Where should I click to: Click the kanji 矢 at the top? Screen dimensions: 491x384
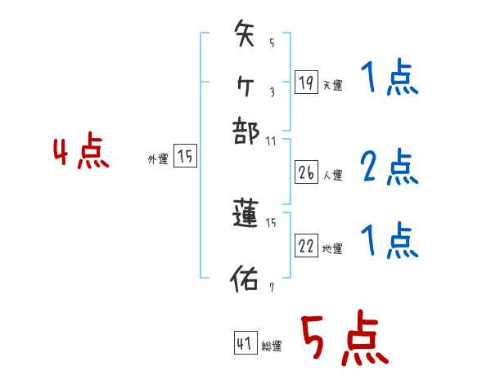click(246, 37)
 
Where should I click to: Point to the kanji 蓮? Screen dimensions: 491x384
click(246, 214)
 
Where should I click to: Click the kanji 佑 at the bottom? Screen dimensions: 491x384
click(245, 279)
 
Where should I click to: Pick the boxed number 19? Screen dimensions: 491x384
click(306, 82)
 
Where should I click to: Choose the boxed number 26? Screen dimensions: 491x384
click(306, 173)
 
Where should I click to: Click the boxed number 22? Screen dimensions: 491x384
click(306, 246)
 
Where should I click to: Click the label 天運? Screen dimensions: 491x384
click(332, 85)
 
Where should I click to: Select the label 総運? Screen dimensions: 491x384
click(272, 346)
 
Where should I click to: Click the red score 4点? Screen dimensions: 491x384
click(81, 153)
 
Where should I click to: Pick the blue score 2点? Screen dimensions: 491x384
click(390, 167)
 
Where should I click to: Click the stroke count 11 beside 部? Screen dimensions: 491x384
click(272, 141)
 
